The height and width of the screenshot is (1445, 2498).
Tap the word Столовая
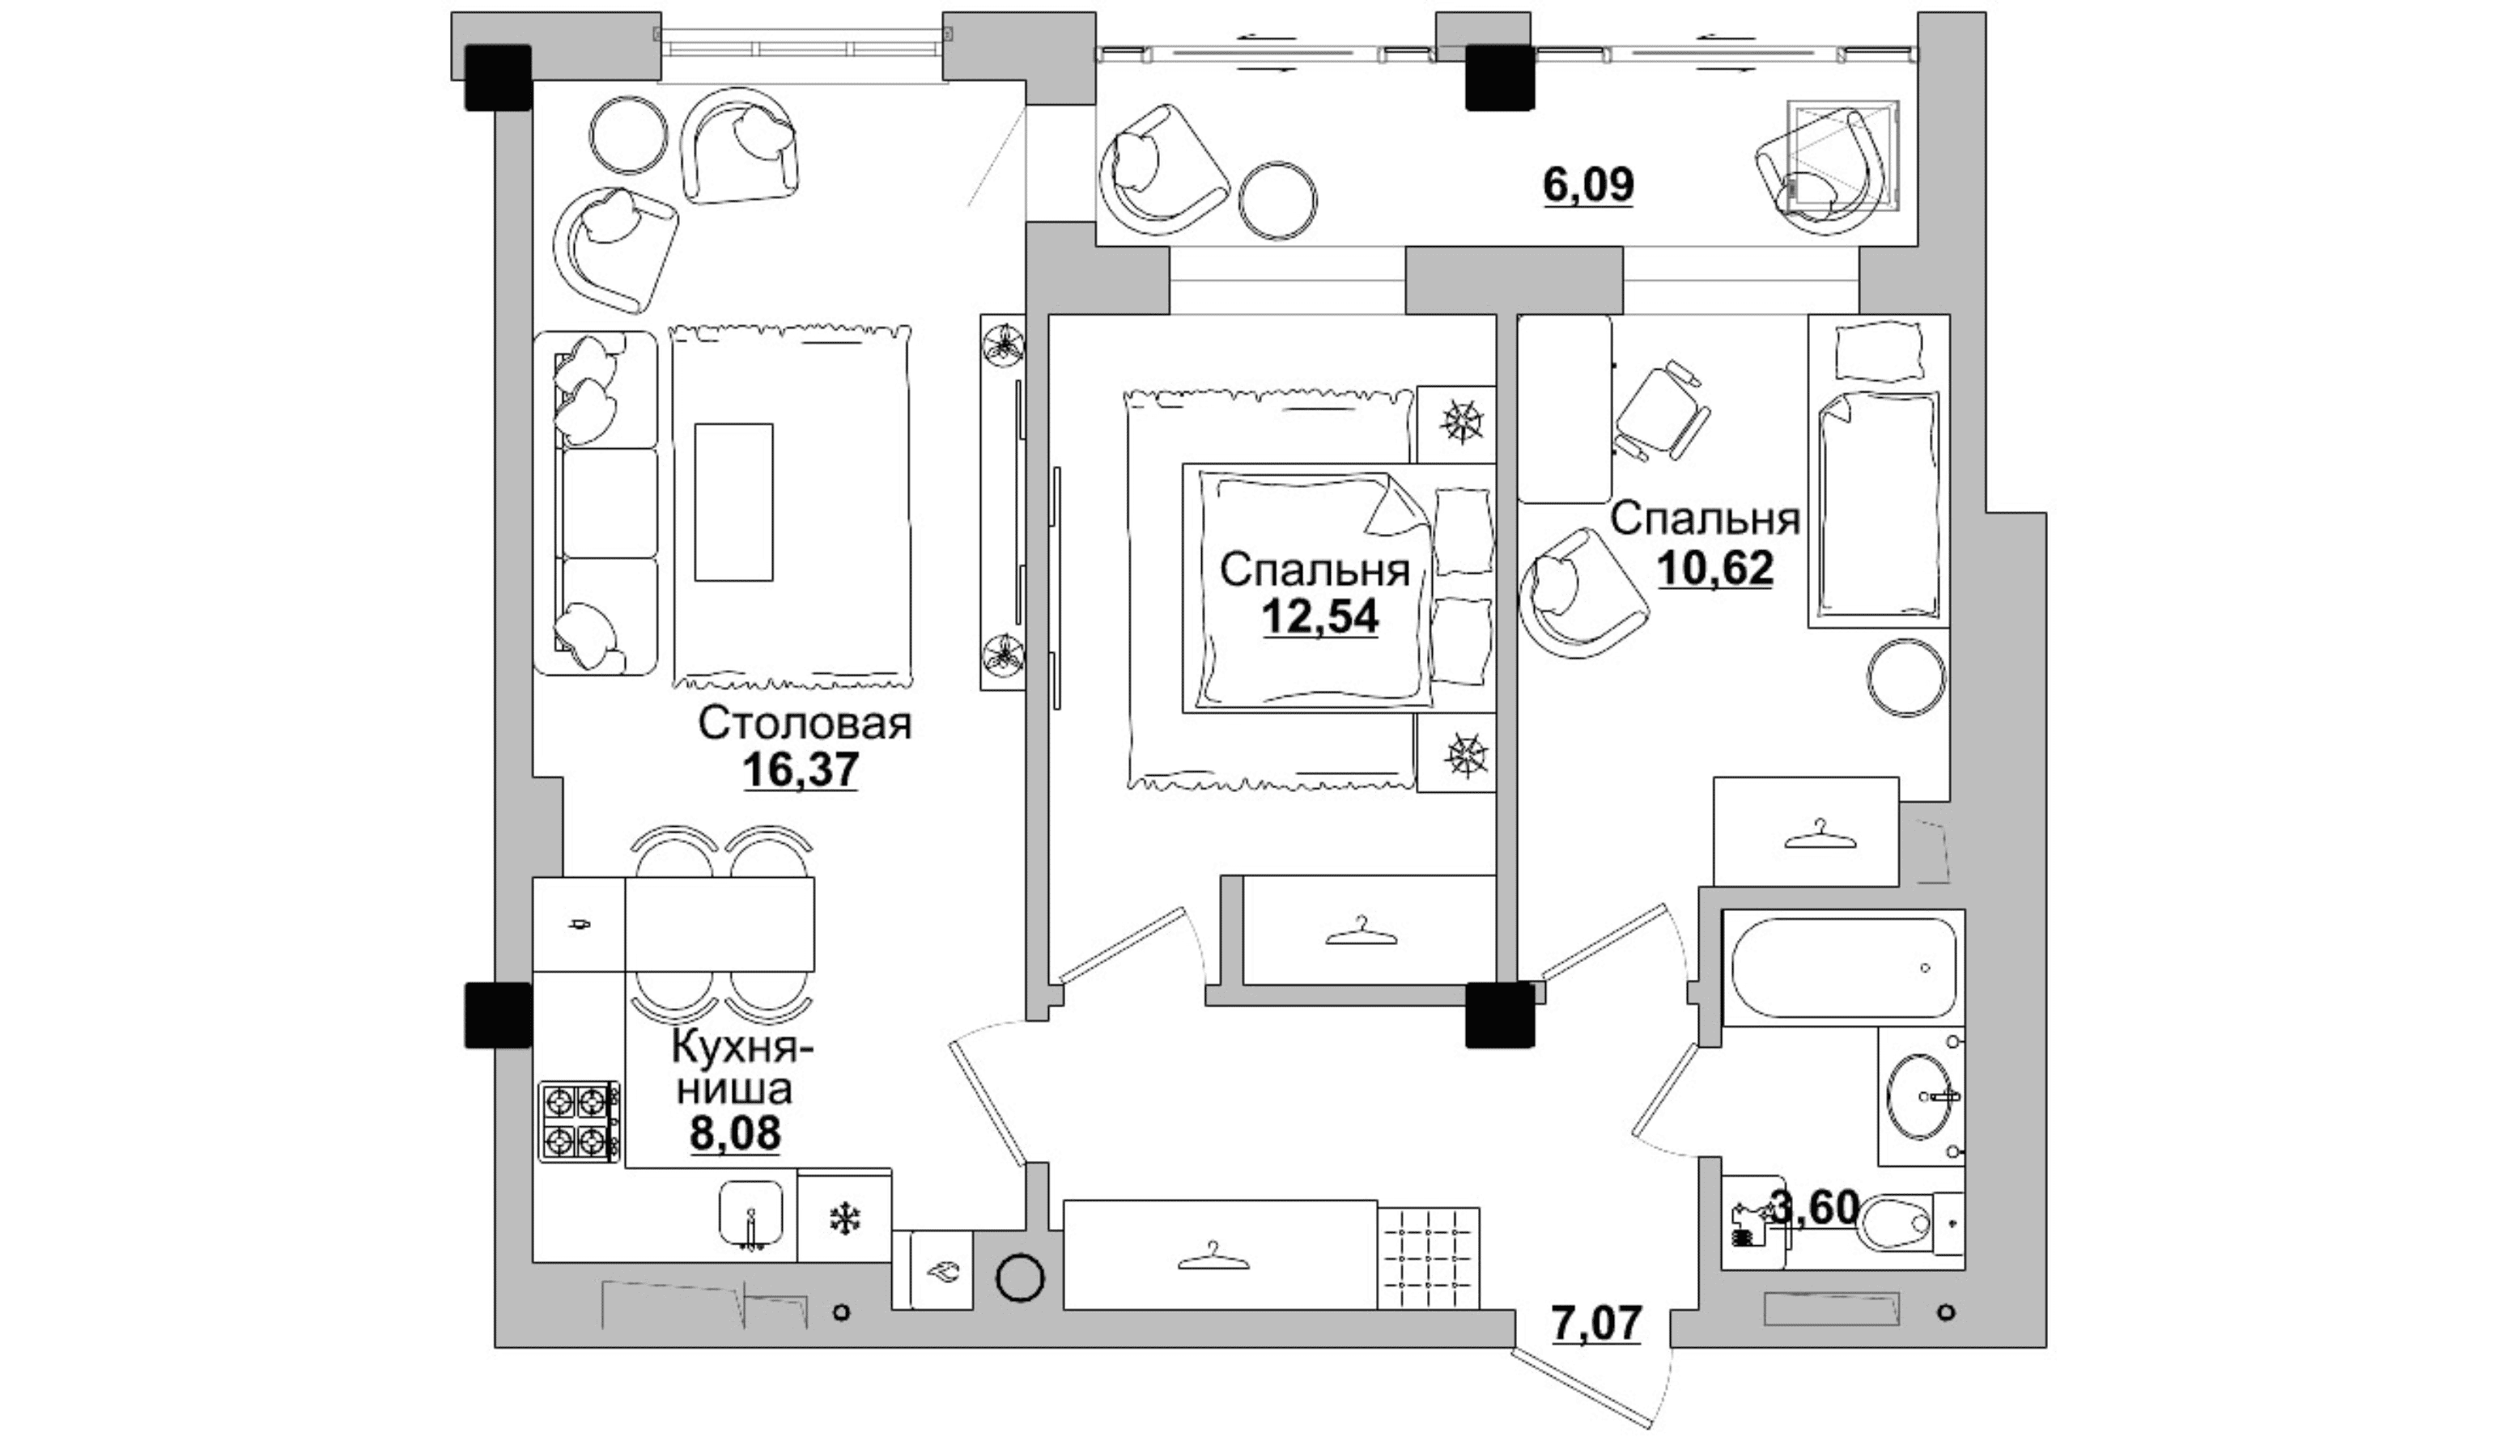pyautogui.click(x=805, y=723)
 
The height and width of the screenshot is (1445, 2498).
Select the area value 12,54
pyautogui.click(x=1320, y=617)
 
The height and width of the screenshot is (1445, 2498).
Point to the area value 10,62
pyautogui.click(x=1714, y=568)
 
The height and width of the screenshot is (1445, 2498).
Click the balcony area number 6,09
pyautogui.click(x=1589, y=184)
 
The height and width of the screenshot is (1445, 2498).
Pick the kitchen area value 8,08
pyautogui.click(x=736, y=1132)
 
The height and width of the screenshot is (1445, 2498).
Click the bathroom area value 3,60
pyautogui.click(x=1815, y=1208)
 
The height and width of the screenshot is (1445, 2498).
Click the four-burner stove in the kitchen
pyautogui.click(x=580, y=1121)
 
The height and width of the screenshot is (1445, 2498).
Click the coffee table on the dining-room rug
pyautogui.click(x=733, y=502)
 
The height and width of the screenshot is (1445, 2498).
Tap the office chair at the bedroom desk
pyautogui.click(x=1661, y=410)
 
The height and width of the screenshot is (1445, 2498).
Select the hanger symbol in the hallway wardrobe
pyautogui.click(x=1213, y=1256)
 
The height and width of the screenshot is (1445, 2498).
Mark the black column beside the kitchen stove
pyautogui.click(x=498, y=1014)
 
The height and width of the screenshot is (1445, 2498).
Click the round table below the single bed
pyautogui.click(x=1906, y=678)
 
